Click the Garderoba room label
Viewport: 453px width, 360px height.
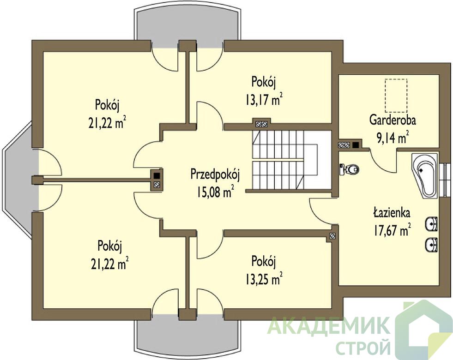coord(393,120)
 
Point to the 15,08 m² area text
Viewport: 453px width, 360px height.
coord(216,192)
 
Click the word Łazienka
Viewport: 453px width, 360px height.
coord(392,213)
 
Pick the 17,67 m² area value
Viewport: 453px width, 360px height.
coord(393,230)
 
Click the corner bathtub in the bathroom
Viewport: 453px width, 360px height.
coord(425,176)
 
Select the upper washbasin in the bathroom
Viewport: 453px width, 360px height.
coord(431,223)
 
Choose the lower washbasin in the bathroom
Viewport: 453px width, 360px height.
coord(431,245)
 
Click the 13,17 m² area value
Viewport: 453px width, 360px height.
coord(264,100)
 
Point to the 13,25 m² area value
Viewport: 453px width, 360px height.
coord(264,279)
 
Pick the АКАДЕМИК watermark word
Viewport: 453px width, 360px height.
coord(328,325)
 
